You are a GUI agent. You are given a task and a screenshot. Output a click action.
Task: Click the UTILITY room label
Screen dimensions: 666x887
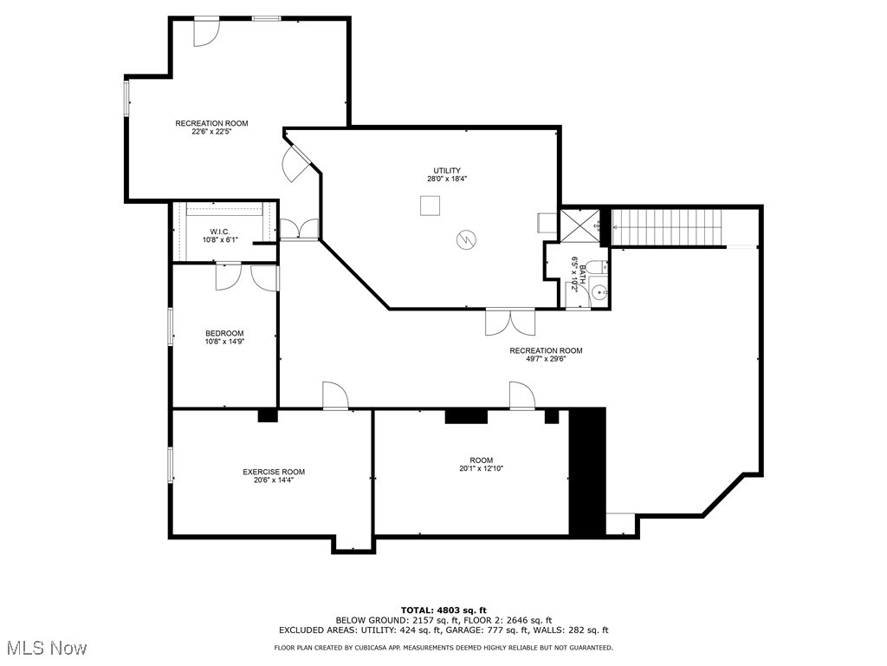click(x=447, y=171)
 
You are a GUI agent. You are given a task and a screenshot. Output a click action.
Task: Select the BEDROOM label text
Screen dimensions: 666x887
click(x=224, y=334)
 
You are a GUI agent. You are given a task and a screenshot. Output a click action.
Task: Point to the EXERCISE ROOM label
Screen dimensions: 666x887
click(x=274, y=472)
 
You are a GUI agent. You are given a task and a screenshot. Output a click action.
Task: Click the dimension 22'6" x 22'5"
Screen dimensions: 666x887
click(x=211, y=132)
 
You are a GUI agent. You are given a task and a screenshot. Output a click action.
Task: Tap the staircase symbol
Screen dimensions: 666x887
click(x=667, y=227)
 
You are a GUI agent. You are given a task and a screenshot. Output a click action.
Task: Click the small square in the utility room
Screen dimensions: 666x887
click(x=430, y=206)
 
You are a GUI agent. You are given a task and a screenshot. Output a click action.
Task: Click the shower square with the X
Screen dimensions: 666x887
click(x=579, y=225)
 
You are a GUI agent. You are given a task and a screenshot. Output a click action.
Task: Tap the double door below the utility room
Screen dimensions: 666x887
click(x=510, y=321)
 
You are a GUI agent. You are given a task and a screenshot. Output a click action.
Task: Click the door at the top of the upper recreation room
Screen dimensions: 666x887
click(x=206, y=30)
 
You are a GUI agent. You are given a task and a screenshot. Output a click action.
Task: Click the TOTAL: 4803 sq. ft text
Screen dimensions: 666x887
click(x=443, y=610)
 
